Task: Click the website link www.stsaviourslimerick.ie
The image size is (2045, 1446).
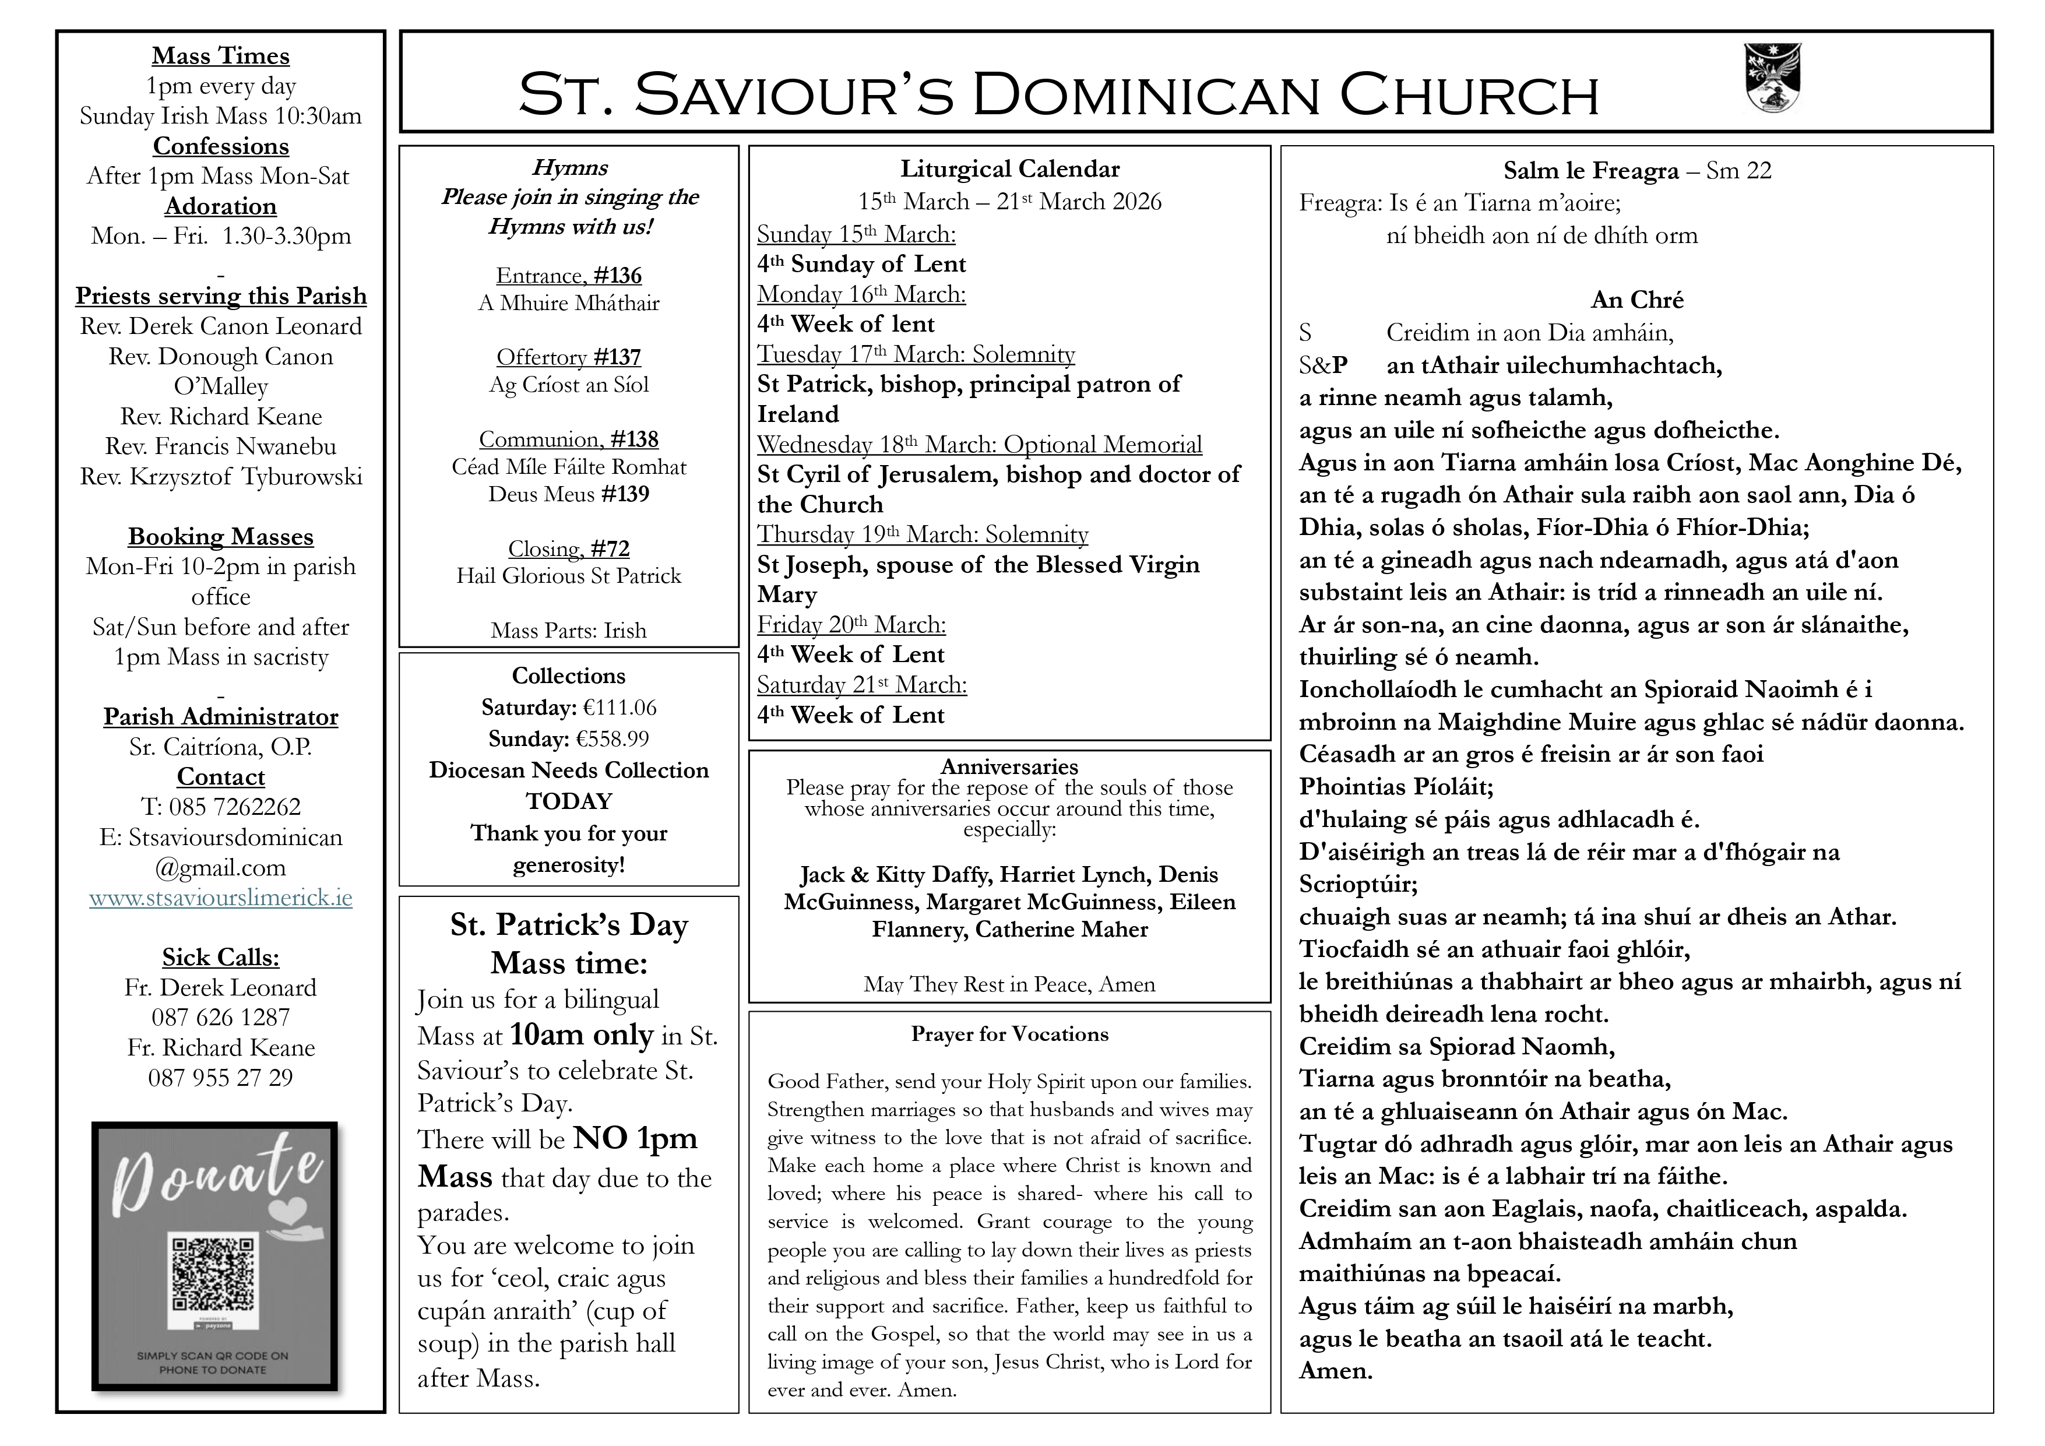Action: pos(221,897)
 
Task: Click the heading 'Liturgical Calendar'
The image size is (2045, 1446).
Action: pos(1009,169)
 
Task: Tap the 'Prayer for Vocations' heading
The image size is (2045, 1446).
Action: pos(1009,1035)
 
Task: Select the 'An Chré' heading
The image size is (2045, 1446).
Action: pos(1636,300)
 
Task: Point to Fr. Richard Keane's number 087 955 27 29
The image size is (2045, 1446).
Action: pos(221,1078)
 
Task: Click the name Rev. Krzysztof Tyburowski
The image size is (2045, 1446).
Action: pos(221,477)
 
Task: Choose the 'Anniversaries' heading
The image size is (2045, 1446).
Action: pos(1009,766)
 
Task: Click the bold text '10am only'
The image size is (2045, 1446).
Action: pos(582,1035)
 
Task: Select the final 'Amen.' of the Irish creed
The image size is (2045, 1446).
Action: pos(1335,1371)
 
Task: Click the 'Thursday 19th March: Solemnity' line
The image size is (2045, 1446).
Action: pos(922,534)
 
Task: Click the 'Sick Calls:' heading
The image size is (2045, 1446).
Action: pos(221,957)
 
